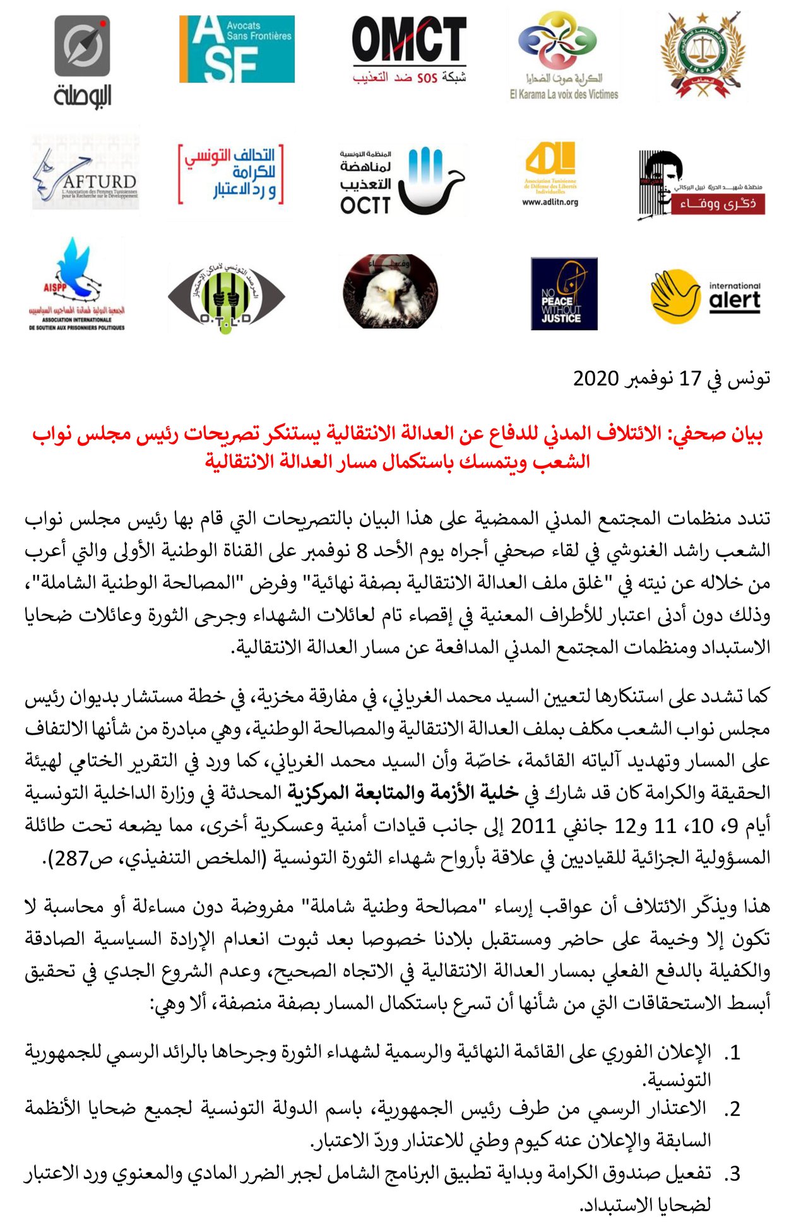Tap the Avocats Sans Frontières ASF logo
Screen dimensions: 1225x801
tap(237, 49)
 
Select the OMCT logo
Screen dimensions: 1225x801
tap(409, 49)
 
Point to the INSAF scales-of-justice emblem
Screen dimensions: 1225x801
tap(703, 56)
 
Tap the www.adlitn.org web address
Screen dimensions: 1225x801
tap(550, 203)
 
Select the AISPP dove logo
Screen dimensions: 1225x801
tap(76, 284)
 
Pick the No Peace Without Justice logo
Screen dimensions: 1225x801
tap(564, 293)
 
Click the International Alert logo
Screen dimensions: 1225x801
tap(705, 295)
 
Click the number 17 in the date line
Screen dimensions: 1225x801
tap(690, 379)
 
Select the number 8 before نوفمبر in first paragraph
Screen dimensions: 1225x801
tap(362, 551)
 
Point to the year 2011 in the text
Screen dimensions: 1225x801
tap(533, 826)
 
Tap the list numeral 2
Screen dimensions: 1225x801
tap(732, 1110)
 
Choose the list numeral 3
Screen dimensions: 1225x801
tap(732, 1175)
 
